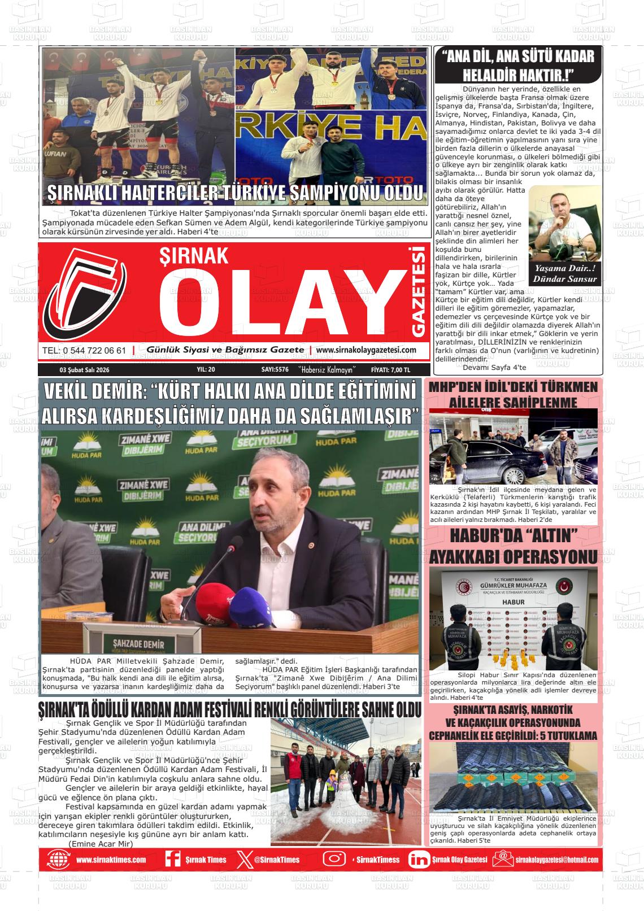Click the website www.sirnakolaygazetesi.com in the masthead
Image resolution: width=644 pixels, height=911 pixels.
point(366,350)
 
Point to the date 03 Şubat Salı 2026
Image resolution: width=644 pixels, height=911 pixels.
point(84,369)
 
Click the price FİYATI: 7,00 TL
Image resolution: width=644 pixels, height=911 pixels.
point(391,369)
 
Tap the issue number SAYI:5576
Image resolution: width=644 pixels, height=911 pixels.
point(275,369)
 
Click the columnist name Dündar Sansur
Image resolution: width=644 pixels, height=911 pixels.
point(564,279)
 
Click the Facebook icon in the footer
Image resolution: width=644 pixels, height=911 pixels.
point(172,859)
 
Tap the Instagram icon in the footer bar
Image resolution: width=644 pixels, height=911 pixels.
point(334,859)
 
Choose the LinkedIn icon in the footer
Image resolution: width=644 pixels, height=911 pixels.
point(418,859)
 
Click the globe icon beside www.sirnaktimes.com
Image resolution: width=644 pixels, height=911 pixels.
point(59,859)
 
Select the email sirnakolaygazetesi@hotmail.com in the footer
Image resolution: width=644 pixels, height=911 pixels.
point(556,860)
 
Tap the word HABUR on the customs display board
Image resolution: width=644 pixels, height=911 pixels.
point(513,602)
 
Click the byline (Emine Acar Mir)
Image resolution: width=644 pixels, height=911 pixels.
point(100,843)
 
